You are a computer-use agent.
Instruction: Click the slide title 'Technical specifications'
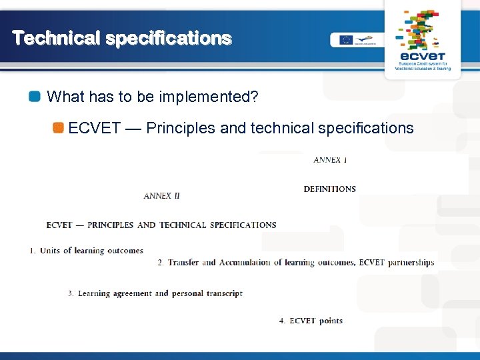122,38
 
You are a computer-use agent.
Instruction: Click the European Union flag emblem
345,39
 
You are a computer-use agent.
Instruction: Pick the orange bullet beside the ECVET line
59,128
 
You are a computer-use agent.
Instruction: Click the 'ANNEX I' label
331,160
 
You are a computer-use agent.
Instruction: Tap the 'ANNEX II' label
162,196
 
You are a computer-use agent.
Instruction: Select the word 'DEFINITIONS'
329,189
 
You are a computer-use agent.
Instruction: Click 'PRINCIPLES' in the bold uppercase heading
110,225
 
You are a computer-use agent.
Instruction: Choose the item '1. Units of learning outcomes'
87,251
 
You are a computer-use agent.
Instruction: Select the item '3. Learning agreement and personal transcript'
155,293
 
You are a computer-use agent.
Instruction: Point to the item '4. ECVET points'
311,321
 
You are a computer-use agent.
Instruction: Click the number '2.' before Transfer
161,263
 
